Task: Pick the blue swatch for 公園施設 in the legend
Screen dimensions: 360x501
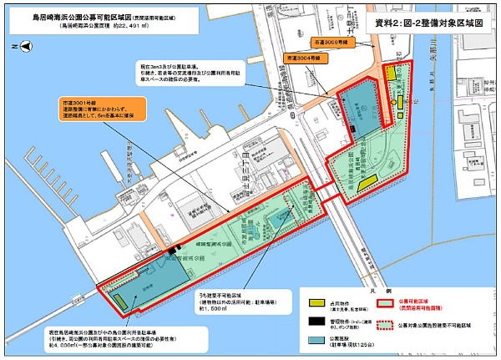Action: [316, 342]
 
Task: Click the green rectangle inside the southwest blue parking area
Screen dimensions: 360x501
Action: [122, 300]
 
